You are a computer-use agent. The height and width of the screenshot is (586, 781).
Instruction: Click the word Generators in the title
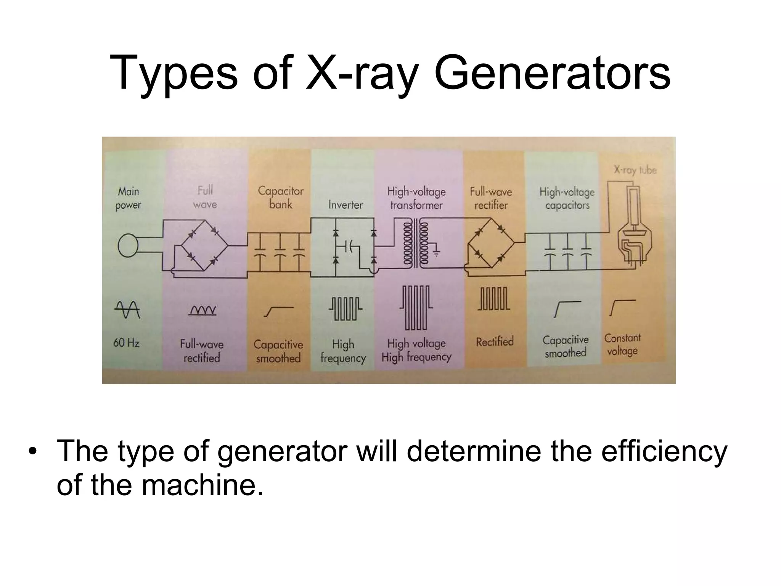552,73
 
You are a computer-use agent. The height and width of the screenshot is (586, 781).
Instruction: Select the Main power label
128,198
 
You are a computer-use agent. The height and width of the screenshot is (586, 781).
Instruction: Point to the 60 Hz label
126,343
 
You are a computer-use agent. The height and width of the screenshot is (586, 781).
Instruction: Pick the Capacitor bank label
281,198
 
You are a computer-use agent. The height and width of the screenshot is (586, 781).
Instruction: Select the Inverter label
346,205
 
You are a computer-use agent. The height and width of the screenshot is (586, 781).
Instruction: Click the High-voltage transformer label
416,198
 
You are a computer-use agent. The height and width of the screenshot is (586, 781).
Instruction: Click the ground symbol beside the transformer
436,252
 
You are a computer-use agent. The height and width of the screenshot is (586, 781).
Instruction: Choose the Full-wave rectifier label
491,198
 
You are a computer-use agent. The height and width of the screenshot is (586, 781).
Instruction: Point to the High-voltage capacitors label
567,198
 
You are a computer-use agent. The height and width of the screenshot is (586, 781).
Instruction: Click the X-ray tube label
635,170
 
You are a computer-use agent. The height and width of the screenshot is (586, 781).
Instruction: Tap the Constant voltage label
622,344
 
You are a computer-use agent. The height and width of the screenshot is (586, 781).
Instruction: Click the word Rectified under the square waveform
495,341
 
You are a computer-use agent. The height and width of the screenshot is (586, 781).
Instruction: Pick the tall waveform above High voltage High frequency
416,307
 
